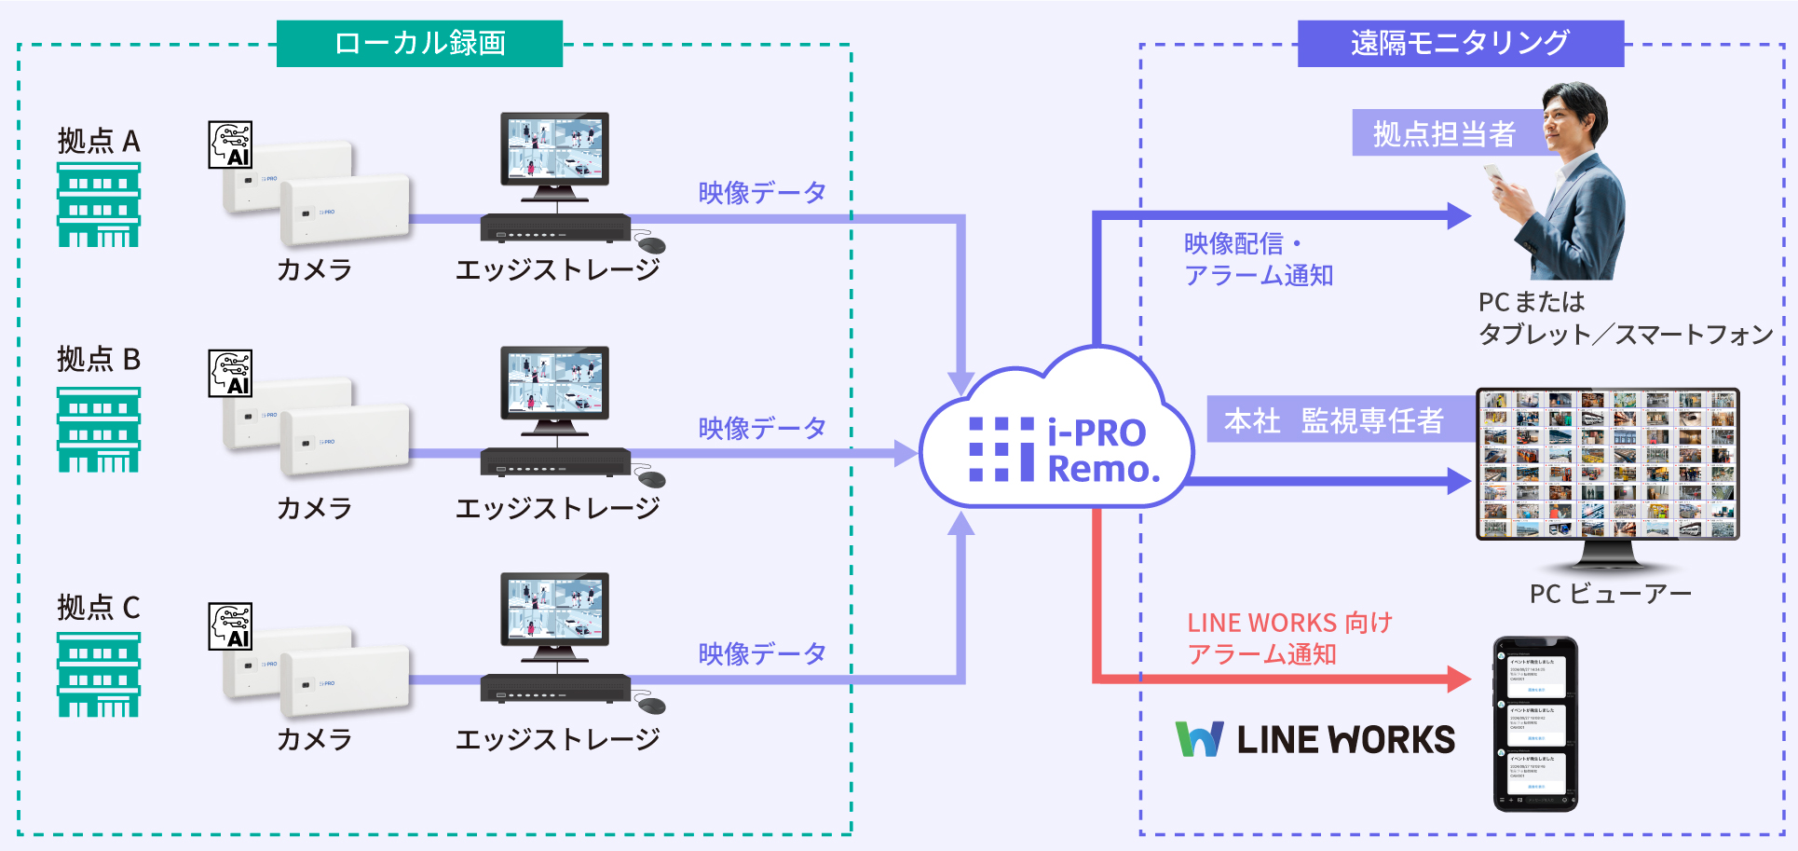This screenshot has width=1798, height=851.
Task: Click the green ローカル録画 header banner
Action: (419, 44)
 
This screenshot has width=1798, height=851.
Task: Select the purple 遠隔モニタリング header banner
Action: (1460, 44)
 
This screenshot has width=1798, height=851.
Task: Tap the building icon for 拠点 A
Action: (99, 205)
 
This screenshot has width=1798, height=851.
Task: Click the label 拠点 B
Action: (99, 359)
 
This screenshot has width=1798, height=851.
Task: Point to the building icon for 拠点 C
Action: (99, 675)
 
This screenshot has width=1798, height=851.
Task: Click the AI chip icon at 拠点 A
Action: (230, 144)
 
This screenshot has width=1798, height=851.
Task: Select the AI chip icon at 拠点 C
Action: (230, 626)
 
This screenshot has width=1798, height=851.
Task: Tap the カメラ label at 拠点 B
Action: (315, 508)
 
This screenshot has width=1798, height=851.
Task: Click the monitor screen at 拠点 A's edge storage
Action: (554, 149)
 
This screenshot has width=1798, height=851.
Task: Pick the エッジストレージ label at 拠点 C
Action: (557, 739)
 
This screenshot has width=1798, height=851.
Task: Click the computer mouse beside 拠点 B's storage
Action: (651, 479)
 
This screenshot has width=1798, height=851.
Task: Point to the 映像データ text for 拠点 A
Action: (762, 193)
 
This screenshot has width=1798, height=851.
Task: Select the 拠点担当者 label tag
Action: (1444, 133)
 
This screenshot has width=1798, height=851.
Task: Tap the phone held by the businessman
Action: (1494, 174)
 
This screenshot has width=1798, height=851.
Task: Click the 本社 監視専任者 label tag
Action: (1334, 420)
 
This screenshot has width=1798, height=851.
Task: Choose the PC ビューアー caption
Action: (1610, 594)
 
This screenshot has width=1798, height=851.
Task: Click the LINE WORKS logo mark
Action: (1199, 739)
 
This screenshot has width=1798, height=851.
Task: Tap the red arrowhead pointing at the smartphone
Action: (1458, 678)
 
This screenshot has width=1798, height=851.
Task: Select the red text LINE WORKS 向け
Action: (1289, 623)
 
